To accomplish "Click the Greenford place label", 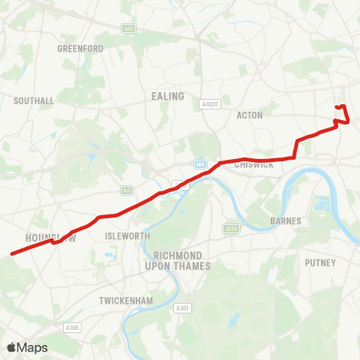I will tap(80, 49).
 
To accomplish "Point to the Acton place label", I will tap(248, 115).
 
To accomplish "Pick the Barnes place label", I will tap(285, 221).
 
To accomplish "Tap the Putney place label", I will tap(320, 262).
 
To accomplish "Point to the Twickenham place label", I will tap(126, 301).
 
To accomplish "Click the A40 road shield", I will tap(128, 28).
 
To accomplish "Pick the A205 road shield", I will tap(231, 228).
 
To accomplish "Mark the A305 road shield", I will tap(72, 327).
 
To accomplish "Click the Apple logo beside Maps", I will tap(11, 348).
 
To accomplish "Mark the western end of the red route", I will tap(11, 254).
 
